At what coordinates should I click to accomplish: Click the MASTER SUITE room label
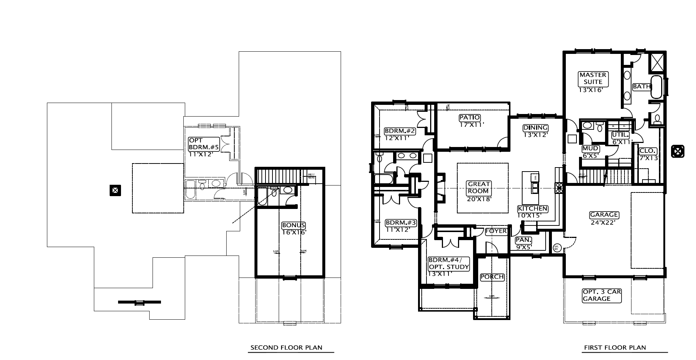tap(593, 78)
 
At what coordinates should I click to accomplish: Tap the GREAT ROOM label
tap(479, 187)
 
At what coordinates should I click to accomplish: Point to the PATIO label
tap(470, 118)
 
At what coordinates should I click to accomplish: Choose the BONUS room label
tap(293, 225)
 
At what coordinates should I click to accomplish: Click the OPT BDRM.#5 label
tap(204, 143)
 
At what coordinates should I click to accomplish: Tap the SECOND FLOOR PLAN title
tap(286, 348)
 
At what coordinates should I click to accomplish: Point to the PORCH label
tap(492, 277)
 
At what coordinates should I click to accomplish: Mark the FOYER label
tap(496, 231)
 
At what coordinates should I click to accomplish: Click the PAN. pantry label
tap(524, 240)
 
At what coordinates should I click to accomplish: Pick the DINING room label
tap(535, 128)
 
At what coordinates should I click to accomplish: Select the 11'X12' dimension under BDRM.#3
tap(398, 230)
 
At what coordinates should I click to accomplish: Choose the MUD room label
tap(590, 148)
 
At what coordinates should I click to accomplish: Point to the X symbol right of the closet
tap(678, 151)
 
